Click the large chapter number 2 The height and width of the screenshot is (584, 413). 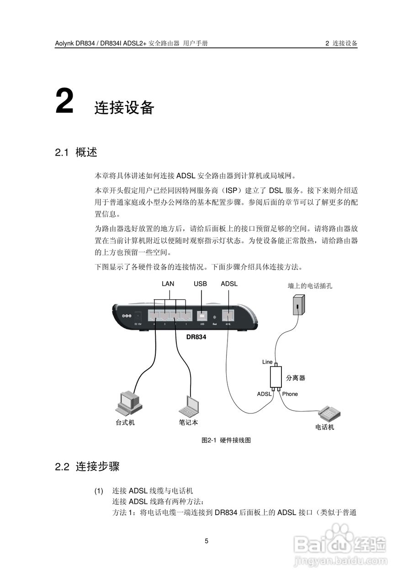64,101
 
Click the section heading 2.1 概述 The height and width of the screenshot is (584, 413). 76,152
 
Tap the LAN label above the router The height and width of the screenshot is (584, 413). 168,284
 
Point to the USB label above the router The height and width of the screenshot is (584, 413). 200,284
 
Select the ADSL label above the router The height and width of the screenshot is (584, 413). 229,284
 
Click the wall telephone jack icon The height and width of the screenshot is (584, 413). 298,304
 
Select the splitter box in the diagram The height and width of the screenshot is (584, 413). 275,377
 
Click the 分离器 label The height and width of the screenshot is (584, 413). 296,378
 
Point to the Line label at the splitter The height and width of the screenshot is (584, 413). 267,362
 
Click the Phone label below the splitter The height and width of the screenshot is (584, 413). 290,394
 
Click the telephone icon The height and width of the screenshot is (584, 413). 329,413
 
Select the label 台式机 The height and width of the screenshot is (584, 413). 125,422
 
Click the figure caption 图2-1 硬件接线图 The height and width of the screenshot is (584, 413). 227,441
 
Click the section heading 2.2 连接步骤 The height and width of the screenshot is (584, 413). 87,467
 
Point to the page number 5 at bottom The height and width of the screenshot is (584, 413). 206,541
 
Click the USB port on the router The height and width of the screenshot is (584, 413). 202,315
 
